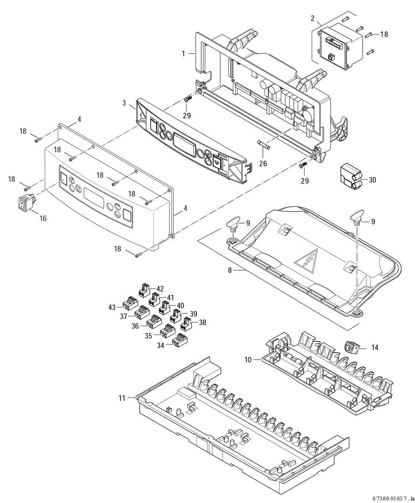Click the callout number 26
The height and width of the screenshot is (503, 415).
coord(263,163)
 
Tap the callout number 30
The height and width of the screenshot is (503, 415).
coord(372,180)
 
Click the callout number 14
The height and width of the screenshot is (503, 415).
coord(374,347)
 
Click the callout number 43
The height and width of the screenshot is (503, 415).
coord(112,307)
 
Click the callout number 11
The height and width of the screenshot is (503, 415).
coord(122,398)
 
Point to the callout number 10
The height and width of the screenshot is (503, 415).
coord(248,360)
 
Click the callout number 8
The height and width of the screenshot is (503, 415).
coord(230,270)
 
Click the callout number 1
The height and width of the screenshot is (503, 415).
coord(184,54)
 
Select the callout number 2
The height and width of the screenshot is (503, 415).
coord(313,18)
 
